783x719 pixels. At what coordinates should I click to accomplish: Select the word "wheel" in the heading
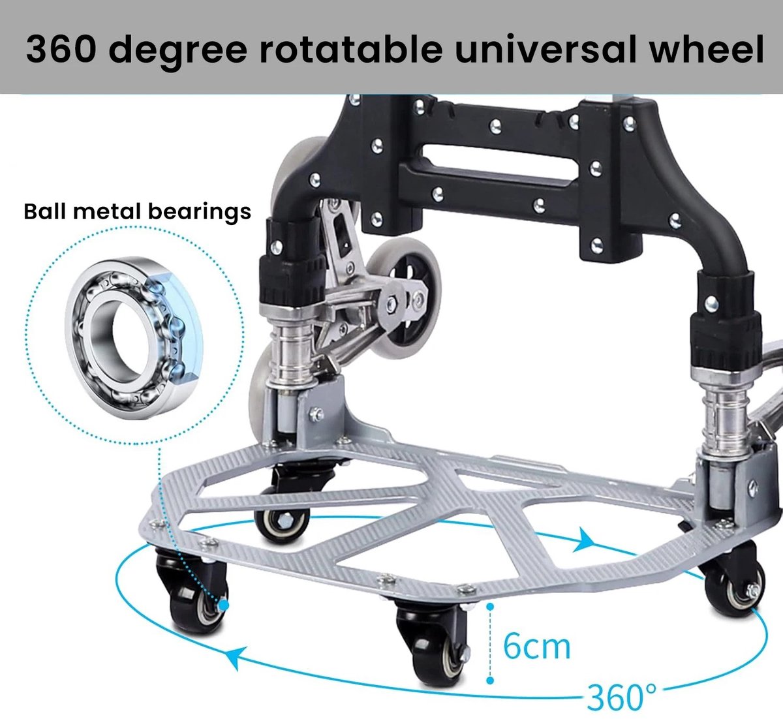707,49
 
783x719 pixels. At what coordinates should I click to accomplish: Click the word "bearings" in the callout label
200,213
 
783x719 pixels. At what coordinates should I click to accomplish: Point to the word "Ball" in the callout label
43,211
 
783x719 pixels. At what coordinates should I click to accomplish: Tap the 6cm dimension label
537,647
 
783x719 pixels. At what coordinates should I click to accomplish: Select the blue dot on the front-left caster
224,605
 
